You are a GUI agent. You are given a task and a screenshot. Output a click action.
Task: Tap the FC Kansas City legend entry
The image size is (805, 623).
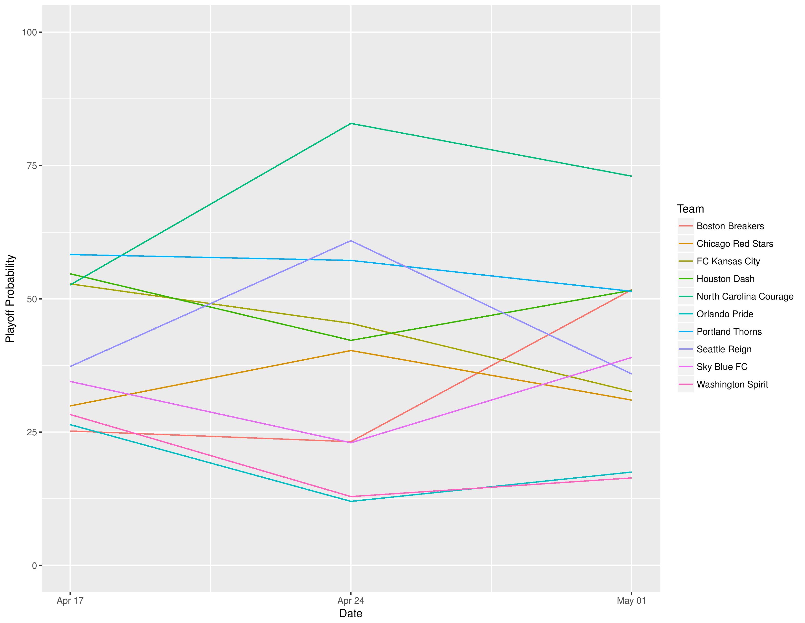pos(728,262)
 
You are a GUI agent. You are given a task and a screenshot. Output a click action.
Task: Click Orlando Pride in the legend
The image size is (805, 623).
pos(725,314)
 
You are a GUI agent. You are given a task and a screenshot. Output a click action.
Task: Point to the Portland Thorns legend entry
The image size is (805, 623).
pos(729,332)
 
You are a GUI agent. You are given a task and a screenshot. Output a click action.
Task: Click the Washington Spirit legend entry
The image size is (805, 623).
pos(732,385)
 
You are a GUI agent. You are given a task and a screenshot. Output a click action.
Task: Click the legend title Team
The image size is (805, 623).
pos(690,209)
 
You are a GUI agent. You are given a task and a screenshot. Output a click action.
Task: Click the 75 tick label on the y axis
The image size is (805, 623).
pos(32,166)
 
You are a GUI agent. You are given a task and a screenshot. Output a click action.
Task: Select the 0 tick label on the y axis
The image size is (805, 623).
pos(34,565)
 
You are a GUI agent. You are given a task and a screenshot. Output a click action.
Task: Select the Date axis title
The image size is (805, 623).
pos(351,613)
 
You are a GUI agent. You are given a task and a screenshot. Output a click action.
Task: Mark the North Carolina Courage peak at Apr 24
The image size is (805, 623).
pos(351,123)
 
